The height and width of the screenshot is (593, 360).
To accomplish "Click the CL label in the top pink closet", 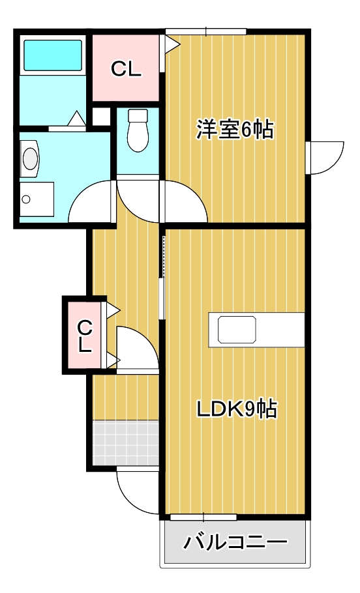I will [126, 69].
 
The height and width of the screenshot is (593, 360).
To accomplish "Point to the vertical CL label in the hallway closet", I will [84, 336].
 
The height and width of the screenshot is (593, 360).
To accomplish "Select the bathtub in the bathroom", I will [53, 55].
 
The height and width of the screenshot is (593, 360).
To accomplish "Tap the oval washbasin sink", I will [30, 158].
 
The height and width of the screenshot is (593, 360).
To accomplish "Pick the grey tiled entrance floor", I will [126, 442].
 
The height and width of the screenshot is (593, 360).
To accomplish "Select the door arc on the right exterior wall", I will [326, 158].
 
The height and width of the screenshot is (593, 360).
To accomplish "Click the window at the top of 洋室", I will [205, 31].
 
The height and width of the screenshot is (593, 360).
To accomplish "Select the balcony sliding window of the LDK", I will [203, 517].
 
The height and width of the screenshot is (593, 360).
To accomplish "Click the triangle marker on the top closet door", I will [172, 44].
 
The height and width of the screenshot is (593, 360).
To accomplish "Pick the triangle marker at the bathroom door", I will [76, 119].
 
